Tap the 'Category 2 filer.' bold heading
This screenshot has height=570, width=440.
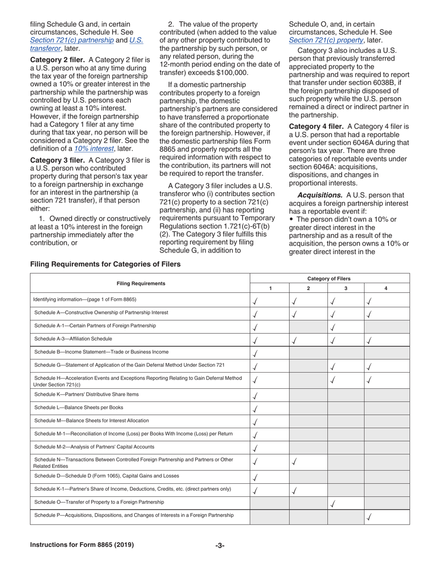pos(58,60)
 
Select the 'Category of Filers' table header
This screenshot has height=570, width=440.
pos(329,279)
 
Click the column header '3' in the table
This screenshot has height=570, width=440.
pos(346,288)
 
